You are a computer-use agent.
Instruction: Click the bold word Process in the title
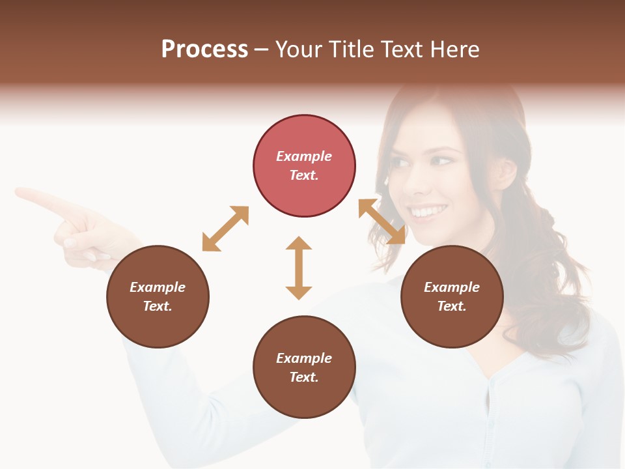pyautogui.click(x=204, y=49)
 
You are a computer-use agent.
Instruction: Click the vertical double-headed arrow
pyautogui.click(x=299, y=268)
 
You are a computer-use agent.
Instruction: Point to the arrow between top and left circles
pyautogui.click(x=225, y=229)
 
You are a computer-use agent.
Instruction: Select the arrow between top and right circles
pyautogui.click(x=382, y=221)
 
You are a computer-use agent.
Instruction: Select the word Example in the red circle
pyautogui.click(x=304, y=156)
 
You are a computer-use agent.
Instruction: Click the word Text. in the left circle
pyautogui.click(x=158, y=306)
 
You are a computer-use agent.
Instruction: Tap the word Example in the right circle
pyautogui.click(x=452, y=287)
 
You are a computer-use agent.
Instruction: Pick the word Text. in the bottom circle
pyautogui.click(x=304, y=377)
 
